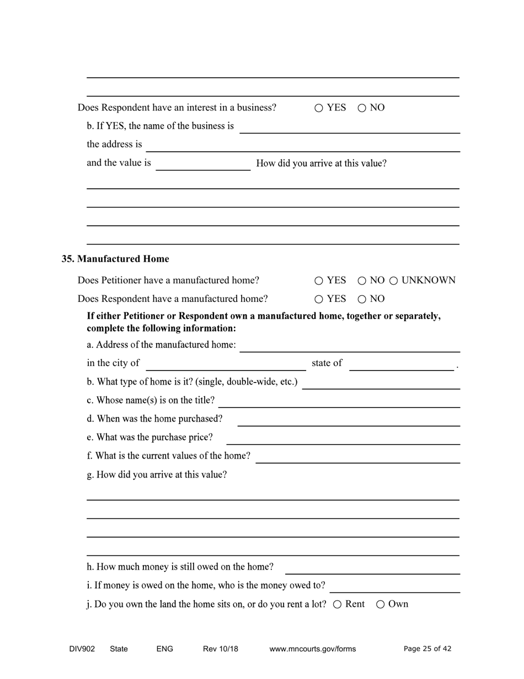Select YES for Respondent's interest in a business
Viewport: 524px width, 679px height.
tap(319, 108)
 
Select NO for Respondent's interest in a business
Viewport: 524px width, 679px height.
tap(362, 108)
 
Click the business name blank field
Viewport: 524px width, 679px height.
tap(350, 127)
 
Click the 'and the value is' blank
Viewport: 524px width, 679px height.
tap(203, 165)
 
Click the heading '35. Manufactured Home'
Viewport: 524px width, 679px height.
tap(115, 259)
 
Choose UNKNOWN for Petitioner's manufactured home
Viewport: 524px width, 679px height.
tap(394, 281)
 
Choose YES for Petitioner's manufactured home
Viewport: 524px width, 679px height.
tap(319, 281)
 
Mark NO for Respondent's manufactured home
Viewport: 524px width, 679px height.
tap(362, 300)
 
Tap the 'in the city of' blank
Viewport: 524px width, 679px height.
tap(226, 364)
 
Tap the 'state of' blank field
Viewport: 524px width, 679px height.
tap(402, 364)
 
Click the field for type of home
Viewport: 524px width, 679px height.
tap(381, 383)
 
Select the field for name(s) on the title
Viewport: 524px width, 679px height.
tap(340, 401)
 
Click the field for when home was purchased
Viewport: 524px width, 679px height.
tap(349, 420)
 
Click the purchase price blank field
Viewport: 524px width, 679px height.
tap(343, 438)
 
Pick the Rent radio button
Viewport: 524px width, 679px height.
tap(338, 604)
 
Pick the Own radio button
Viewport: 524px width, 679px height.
tap(381, 604)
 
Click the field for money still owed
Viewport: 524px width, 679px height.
tap(372, 568)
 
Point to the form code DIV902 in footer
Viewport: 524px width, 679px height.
tap(82, 649)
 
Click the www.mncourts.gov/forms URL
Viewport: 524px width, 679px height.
tap(312, 649)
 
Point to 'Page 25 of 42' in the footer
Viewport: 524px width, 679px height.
tap(427, 649)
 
